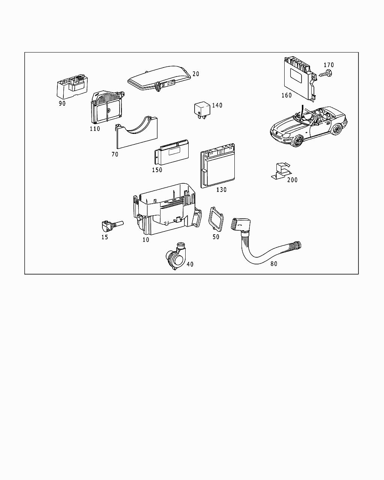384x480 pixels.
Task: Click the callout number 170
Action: pyautogui.click(x=328, y=65)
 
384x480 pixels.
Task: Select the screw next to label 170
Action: pyautogui.click(x=326, y=74)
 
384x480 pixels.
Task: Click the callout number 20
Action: pyautogui.click(x=196, y=74)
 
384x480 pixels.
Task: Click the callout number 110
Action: pyautogui.click(x=95, y=129)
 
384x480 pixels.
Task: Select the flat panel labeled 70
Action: pyautogui.click(x=136, y=135)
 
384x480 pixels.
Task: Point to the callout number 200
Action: pyautogui.click(x=292, y=180)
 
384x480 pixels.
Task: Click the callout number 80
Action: pyautogui.click(x=274, y=264)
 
